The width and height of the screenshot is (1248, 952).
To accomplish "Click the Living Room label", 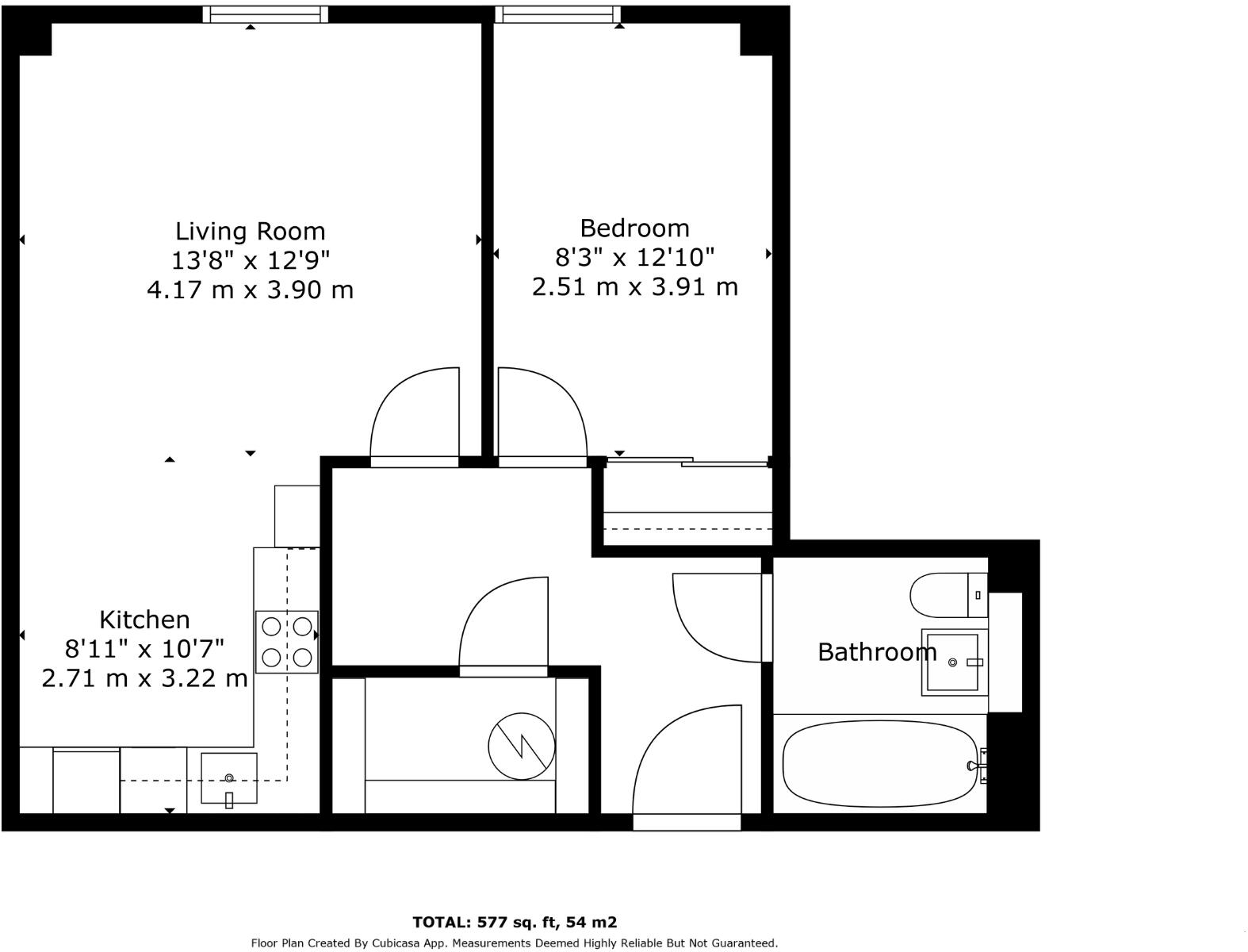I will click(x=250, y=232).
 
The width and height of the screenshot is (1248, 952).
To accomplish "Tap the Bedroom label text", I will click(x=634, y=228).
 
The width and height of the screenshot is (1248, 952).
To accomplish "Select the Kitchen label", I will click(x=144, y=620).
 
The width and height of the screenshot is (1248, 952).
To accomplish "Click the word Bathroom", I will click(x=876, y=652).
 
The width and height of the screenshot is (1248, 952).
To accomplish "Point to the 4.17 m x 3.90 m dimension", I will click(x=250, y=290).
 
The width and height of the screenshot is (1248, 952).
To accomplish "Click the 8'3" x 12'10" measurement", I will click(x=634, y=257).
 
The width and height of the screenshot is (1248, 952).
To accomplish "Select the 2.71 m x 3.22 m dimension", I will click(x=144, y=678).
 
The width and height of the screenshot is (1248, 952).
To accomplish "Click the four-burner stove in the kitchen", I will click(x=286, y=642).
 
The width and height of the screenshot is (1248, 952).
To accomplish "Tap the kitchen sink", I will click(x=228, y=778).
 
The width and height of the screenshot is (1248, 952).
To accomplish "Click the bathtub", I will click(x=880, y=763).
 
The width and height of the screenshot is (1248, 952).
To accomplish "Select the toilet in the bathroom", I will click(x=947, y=595).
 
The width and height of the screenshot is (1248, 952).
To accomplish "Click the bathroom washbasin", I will click(x=954, y=662).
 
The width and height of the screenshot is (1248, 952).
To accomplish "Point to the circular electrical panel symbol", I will click(x=521, y=747).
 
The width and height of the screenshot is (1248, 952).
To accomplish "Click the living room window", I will click(x=265, y=13).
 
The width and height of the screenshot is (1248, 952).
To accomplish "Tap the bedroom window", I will click(x=557, y=13).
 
